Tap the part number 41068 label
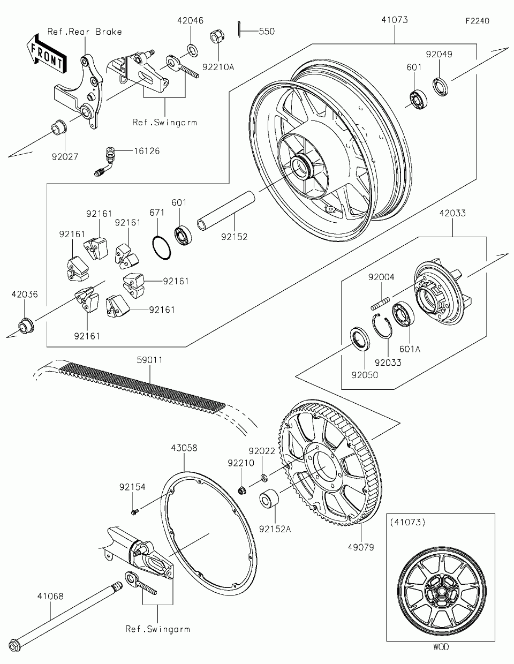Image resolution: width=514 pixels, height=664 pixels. tap(50, 596)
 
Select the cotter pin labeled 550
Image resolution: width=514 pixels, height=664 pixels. tap(239, 29)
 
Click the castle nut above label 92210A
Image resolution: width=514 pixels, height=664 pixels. tap(216, 36)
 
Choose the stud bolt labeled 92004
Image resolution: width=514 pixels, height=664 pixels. tap(380, 303)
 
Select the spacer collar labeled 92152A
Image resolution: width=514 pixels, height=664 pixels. tap(269, 499)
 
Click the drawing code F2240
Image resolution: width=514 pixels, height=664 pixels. tap(478, 21)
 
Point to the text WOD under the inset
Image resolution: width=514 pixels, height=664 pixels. tap(441, 646)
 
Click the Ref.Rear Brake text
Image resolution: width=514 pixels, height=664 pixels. tap(85, 32)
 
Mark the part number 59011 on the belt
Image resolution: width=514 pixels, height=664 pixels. tap(150, 360)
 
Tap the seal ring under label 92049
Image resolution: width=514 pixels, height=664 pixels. tap(441, 87)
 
